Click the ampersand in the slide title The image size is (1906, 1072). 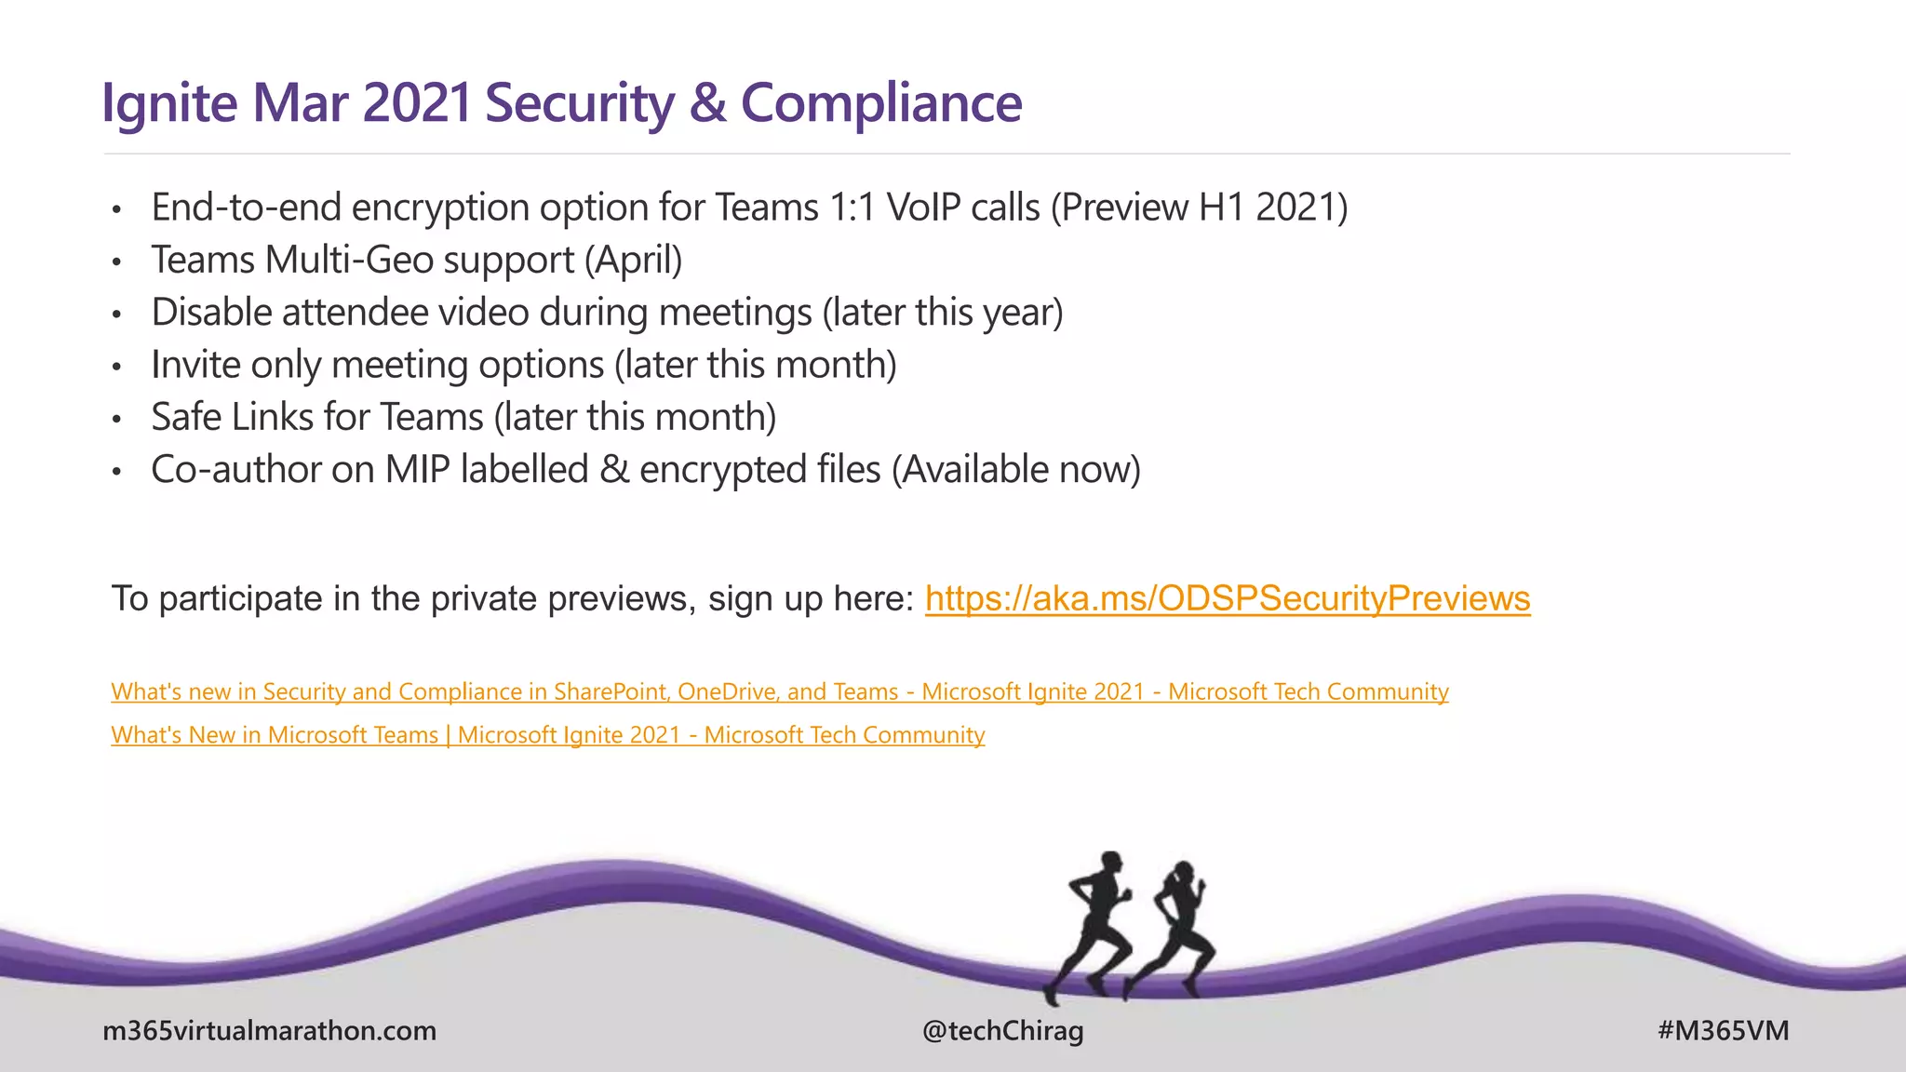(x=707, y=102)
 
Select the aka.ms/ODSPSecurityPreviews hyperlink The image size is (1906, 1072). (x=1227, y=598)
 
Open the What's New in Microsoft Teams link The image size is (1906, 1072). (x=547, y=735)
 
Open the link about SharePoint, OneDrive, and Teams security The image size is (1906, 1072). (x=779, y=691)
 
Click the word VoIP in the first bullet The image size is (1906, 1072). (x=922, y=208)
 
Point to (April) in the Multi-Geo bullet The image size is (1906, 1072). (x=633, y=261)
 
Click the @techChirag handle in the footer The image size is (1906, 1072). (x=1002, y=1031)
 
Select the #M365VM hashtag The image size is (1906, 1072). (x=1723, y=1031)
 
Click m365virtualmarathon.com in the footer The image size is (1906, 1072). (x=269, y=1031)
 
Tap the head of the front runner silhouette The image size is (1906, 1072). (x=1110, y=863)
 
